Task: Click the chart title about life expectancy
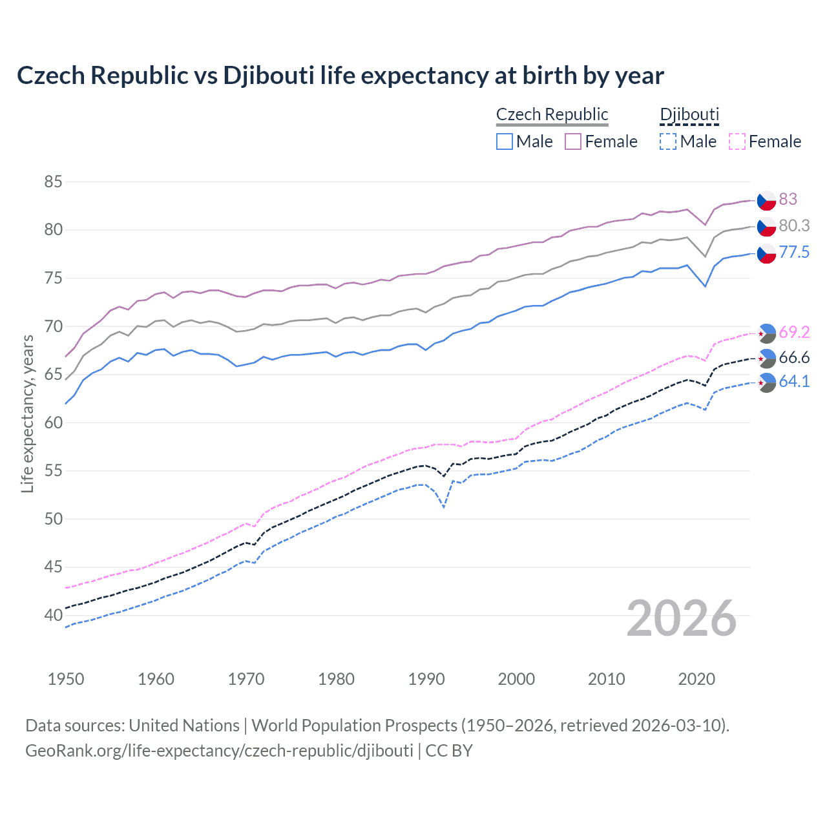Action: [x=340, y=76]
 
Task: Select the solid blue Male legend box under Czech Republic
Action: [x=505, y=141]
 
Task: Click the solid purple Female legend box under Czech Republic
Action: [x=573, y=141]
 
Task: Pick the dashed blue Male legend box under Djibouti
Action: [x=668, y=141]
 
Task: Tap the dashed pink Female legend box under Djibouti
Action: [x=737, y=141]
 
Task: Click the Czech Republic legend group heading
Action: [x=552, y=114]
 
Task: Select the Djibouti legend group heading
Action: [x=689, y=114]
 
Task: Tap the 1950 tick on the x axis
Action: [x=66, y=679]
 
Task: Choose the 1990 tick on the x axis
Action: [x=426, y=679]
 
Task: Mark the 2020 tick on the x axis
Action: [x=696, y=679]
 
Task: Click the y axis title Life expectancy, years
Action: [x=27, y=413]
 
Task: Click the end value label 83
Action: [x=788, y=200]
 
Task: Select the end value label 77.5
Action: [x=794, y=253]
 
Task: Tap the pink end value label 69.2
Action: [x=794, y=333]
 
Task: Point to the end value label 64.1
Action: [x=794, y=382]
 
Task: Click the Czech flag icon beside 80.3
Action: [x=766, y=227]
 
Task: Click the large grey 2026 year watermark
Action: [x=681, y=619]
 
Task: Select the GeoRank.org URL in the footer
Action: [x=219, y=751]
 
